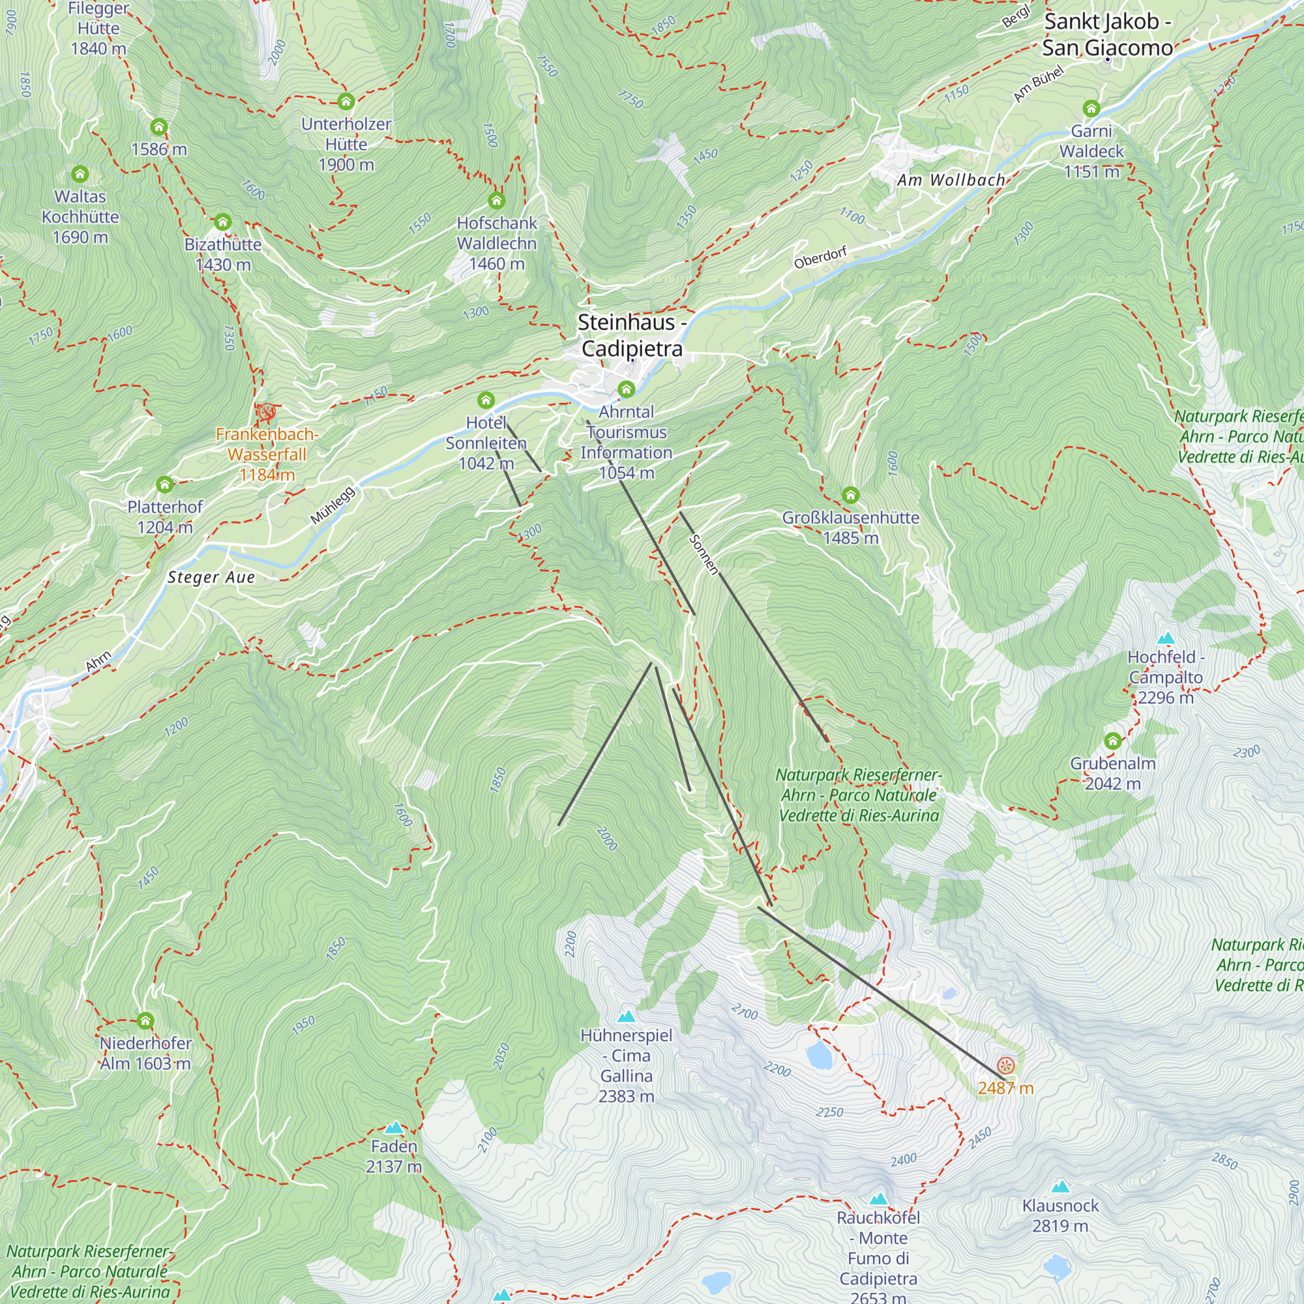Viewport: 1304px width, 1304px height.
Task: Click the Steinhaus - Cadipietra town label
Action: (632, 335)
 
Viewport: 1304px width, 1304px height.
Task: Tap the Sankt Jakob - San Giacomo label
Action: (1107, 35)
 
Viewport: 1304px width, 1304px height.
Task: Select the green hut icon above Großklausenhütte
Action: (850, 496)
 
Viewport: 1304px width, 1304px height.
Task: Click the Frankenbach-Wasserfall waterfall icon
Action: (267, 411)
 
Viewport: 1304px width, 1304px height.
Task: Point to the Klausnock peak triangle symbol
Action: (1060, 1187)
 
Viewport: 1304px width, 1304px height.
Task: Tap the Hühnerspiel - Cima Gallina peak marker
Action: (627, 1016)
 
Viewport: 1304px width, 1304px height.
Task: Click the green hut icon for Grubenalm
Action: (1113, 741)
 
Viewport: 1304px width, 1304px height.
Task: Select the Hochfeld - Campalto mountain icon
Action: (1166, 638)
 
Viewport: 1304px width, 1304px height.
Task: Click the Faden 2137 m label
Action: (394, 1156)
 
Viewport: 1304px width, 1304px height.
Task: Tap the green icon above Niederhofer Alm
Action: (145, 1020)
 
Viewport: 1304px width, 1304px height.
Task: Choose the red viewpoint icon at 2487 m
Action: (1005, 1066)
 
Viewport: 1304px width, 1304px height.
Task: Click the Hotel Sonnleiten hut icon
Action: (486, 400)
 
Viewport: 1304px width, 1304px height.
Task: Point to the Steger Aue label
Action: (211, 577)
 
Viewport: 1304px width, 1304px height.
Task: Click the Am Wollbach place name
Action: (951, 180)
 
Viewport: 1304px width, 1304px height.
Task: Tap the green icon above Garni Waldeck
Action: (1091, 108)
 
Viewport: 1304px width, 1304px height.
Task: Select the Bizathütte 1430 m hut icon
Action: (223, 222)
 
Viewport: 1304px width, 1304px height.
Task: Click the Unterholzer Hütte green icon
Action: (346, 102)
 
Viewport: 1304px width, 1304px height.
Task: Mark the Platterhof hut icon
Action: (165, 484)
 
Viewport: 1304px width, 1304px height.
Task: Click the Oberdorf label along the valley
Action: (820, 258)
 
